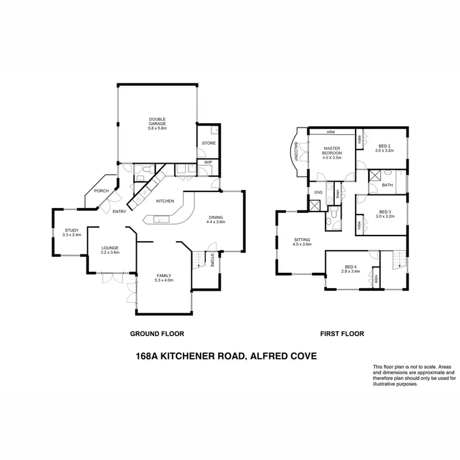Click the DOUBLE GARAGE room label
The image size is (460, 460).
click(157, 121)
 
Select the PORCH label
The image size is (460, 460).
click(101, 191)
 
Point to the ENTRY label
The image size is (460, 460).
click(119, 212)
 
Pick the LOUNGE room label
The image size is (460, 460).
click(110, 248)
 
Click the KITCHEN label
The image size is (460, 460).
click(166, 201)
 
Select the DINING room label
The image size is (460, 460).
click(216, 217)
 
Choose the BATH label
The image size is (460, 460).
click(387, 184)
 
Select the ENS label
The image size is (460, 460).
click(318, 193)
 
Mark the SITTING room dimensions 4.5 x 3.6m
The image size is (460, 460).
click(302, 245)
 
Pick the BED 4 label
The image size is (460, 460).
click(350, 266)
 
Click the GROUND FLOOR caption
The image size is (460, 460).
click(157, 334)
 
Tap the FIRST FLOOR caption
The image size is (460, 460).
click(342, 334)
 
